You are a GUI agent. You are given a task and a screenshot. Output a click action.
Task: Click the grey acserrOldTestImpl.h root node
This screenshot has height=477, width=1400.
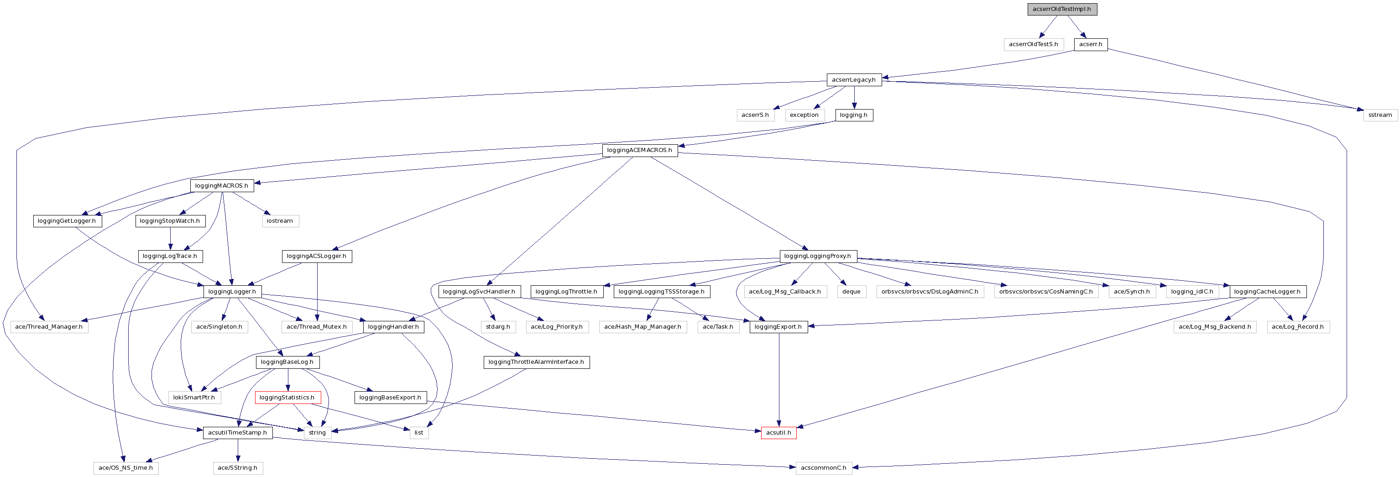point(1061,9)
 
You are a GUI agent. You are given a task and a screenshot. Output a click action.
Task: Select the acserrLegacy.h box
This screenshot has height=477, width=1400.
point(853,80)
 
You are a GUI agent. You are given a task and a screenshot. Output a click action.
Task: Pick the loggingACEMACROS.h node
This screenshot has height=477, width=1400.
point(639,150)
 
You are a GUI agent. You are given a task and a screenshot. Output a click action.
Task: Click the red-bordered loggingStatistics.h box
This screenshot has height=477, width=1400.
point(287,398)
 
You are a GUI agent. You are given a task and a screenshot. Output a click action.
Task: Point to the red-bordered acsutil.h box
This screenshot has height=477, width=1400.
point(778,433)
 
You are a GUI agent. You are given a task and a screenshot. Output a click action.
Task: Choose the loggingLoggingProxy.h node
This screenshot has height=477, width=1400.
point(817,256)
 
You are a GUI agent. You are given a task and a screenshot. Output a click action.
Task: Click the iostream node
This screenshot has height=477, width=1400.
point(280,221)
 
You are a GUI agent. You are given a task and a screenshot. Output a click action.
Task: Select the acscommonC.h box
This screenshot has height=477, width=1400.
point(823,468)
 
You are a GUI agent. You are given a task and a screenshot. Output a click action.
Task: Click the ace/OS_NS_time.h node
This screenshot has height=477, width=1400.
point(125,468)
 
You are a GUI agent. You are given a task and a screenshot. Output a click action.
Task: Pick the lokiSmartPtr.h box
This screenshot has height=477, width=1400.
point(194,398)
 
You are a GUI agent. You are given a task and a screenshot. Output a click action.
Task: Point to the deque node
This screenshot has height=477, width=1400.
point(851,292)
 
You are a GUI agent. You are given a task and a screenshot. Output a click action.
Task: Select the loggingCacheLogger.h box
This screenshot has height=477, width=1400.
point(1267,292)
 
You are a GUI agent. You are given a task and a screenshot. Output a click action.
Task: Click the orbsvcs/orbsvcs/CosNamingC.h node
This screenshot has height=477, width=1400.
point(1045,292)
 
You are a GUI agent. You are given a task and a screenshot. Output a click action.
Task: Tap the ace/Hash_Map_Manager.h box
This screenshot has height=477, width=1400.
point(643,327)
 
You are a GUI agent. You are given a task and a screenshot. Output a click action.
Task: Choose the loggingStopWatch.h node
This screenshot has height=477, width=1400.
point(170,221)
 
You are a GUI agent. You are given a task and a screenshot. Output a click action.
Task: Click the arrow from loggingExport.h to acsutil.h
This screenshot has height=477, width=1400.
point(779,381)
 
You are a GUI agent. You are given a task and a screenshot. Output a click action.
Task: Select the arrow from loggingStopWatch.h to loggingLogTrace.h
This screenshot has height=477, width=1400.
point(170,238)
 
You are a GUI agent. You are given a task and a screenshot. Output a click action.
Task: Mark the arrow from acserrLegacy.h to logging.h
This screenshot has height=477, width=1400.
point(854,98)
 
